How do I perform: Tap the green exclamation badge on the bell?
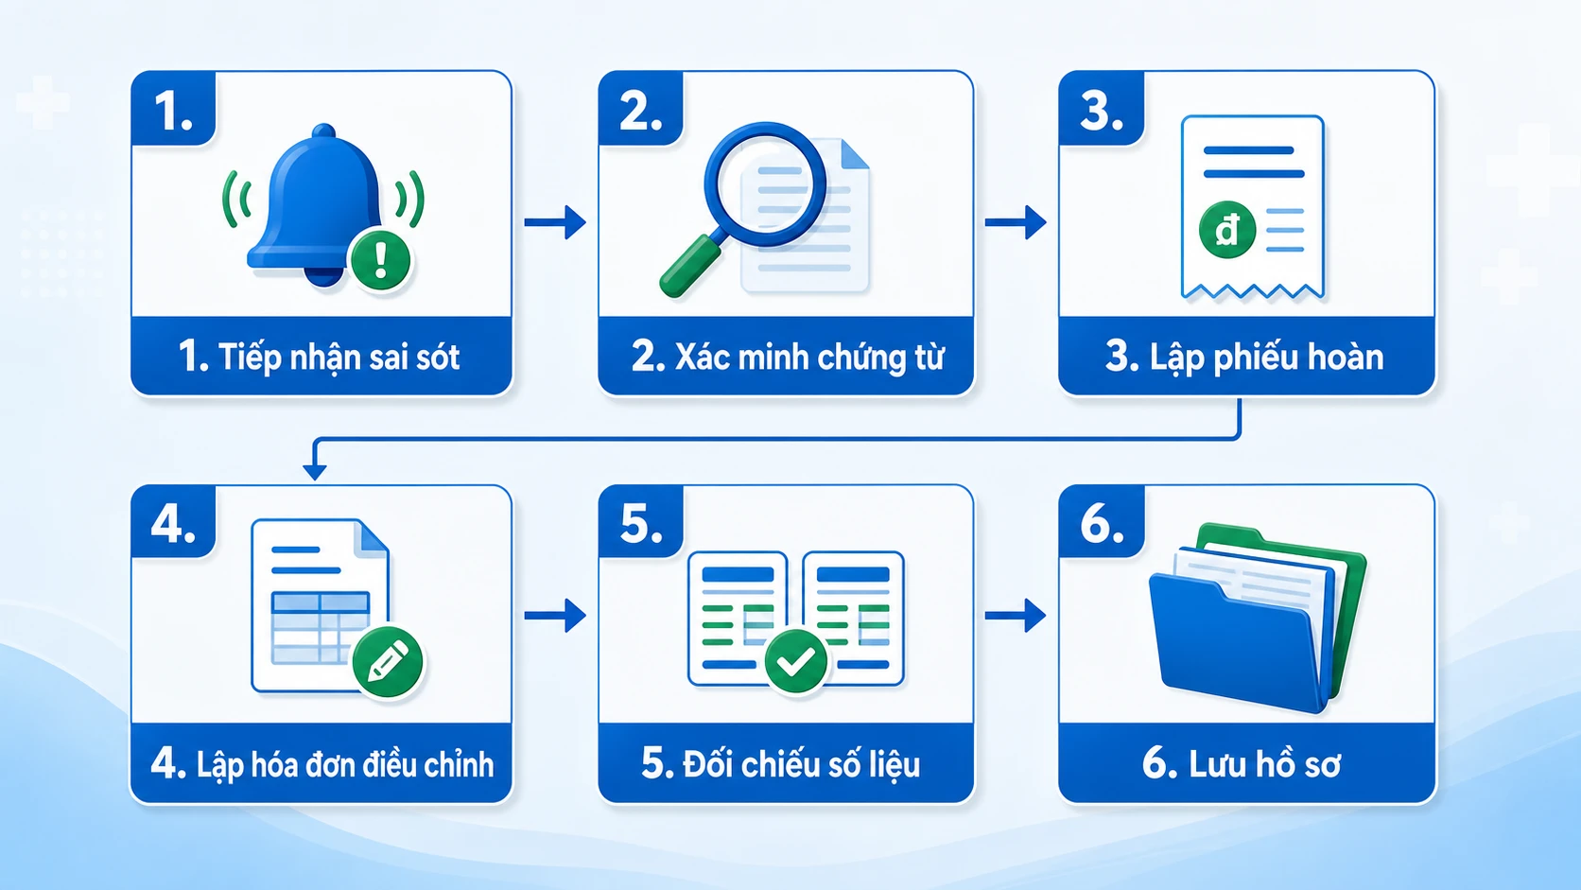point(380,260)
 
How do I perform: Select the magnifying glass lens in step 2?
point(765,184)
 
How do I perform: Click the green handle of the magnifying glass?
point(689,266)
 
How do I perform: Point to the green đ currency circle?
point(1227,230)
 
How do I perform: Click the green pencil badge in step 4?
point(388,662)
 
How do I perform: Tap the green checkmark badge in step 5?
point(795,661)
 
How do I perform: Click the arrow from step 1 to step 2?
point(555,222)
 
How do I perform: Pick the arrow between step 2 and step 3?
point(1016,222)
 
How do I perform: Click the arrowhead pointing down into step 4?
point(314,471)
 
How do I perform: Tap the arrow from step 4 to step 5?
point(555,616)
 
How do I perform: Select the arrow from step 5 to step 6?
point(1016,616)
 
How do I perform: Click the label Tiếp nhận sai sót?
point(339,358)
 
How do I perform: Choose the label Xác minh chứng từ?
point(809,358)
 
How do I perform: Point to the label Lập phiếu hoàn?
point(1266,358)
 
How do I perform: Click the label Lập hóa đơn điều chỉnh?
point(345,765)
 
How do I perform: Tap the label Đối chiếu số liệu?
point(802,765)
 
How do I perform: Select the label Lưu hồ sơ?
point(1264,764)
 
